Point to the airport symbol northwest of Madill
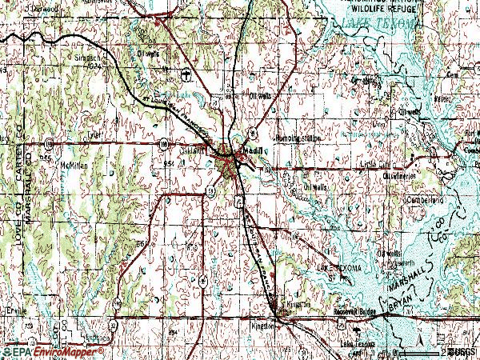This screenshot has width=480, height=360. pos(186,76)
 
